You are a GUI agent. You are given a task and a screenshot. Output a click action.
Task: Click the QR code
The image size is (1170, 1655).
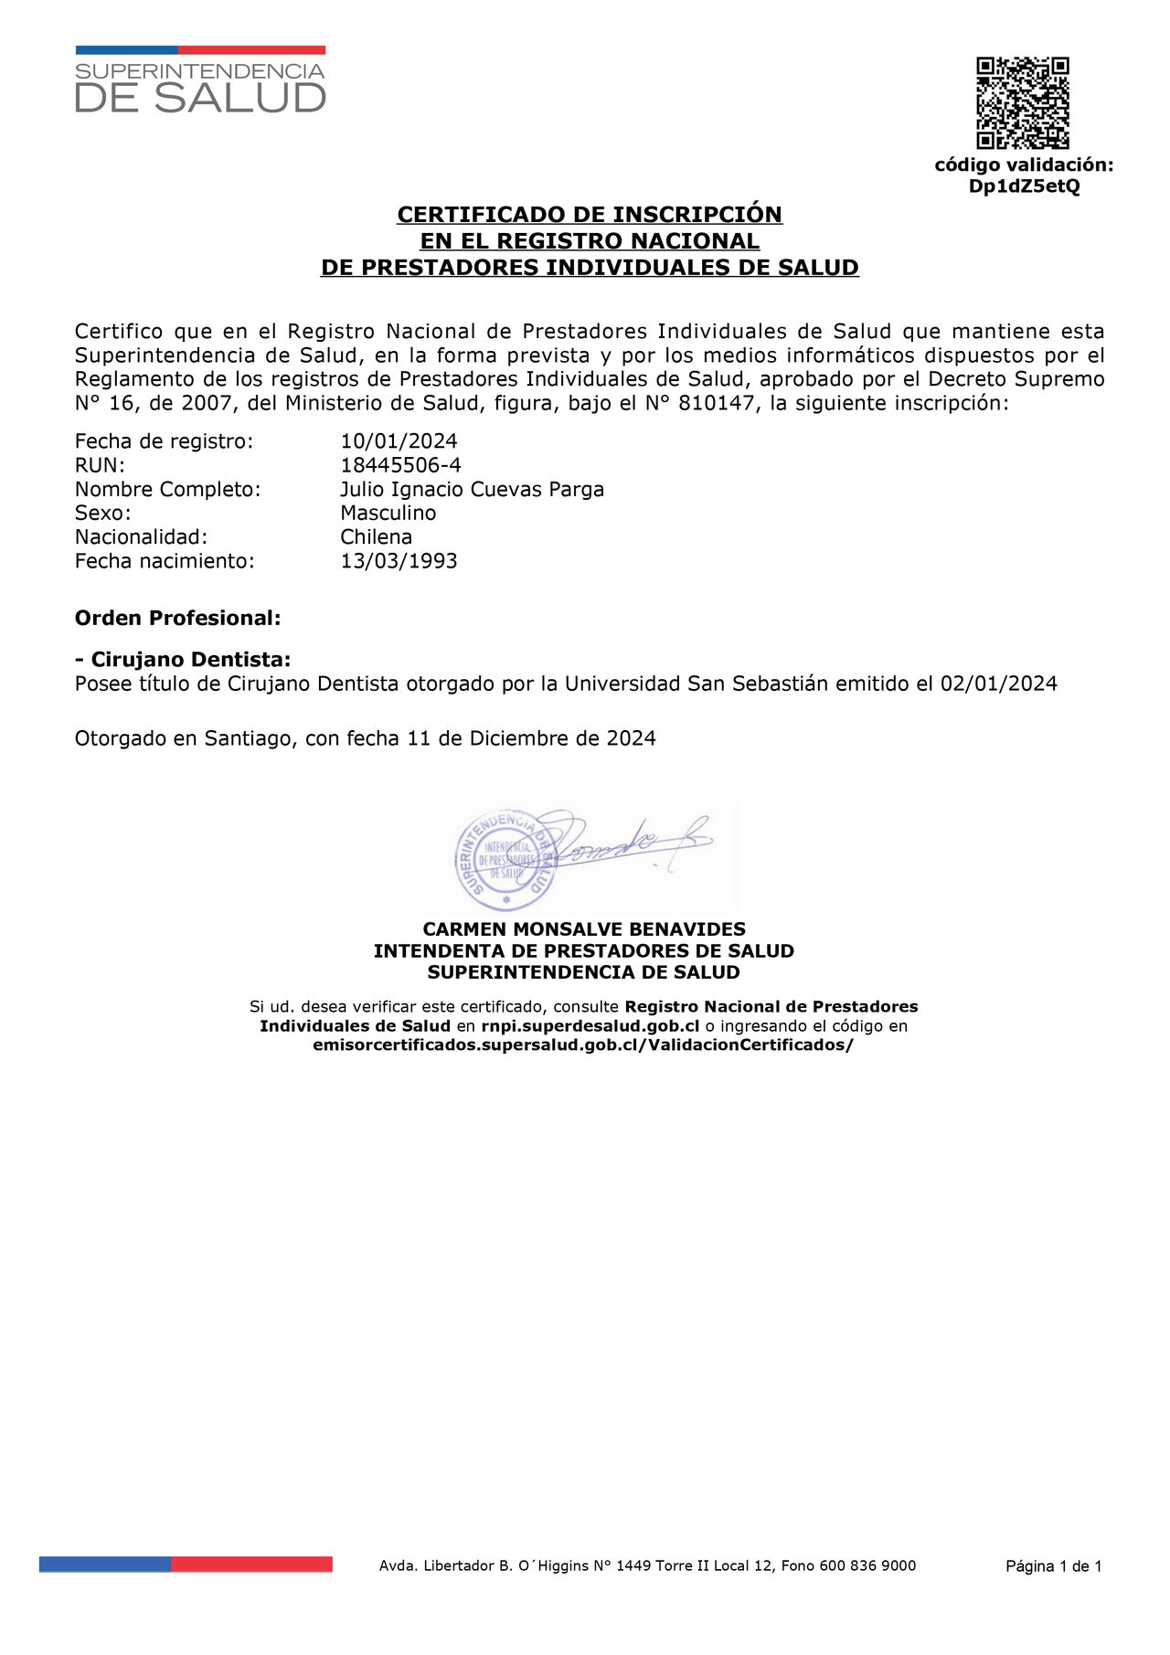(x=1022, y=103)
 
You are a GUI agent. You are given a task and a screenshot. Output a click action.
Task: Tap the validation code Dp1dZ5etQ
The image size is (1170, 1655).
(x=1024, y=186)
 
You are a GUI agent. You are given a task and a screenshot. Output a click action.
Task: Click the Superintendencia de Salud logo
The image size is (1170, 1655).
(x=200, y=81)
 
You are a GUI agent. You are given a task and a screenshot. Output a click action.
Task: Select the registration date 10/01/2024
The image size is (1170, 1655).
(x=399, y=441)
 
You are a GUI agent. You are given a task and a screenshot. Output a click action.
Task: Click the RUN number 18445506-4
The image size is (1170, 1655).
(x=400, y=465)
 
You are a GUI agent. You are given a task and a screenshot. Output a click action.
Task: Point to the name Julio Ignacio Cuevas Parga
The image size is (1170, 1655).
(x=472, y=490)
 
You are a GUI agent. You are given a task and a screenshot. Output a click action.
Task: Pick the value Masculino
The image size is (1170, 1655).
(x=388, y=514)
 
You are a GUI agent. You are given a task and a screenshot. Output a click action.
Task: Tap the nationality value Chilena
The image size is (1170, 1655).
(x=376, y=537)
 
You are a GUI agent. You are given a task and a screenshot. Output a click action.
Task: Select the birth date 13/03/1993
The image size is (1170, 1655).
(x=399, y=561)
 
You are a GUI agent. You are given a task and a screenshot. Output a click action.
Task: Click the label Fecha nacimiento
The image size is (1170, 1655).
(x=165, y=561)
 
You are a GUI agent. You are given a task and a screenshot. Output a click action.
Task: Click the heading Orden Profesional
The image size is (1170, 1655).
(x=177, y=618)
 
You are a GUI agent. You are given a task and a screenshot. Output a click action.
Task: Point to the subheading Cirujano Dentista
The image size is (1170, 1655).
(x=190, y=660)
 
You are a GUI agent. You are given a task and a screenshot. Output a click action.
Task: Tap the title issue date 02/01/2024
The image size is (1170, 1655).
(x=998, y=684)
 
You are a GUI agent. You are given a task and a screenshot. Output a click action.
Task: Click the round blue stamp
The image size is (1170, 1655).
(x=505, y=860)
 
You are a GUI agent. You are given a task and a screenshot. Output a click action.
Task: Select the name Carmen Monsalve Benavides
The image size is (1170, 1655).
(x=584, y=929)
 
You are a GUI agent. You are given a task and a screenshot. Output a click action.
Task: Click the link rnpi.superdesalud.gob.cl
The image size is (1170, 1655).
(x=590, y=1026)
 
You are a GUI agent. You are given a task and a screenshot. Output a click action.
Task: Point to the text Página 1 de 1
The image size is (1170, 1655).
(x=1053, y=1566)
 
